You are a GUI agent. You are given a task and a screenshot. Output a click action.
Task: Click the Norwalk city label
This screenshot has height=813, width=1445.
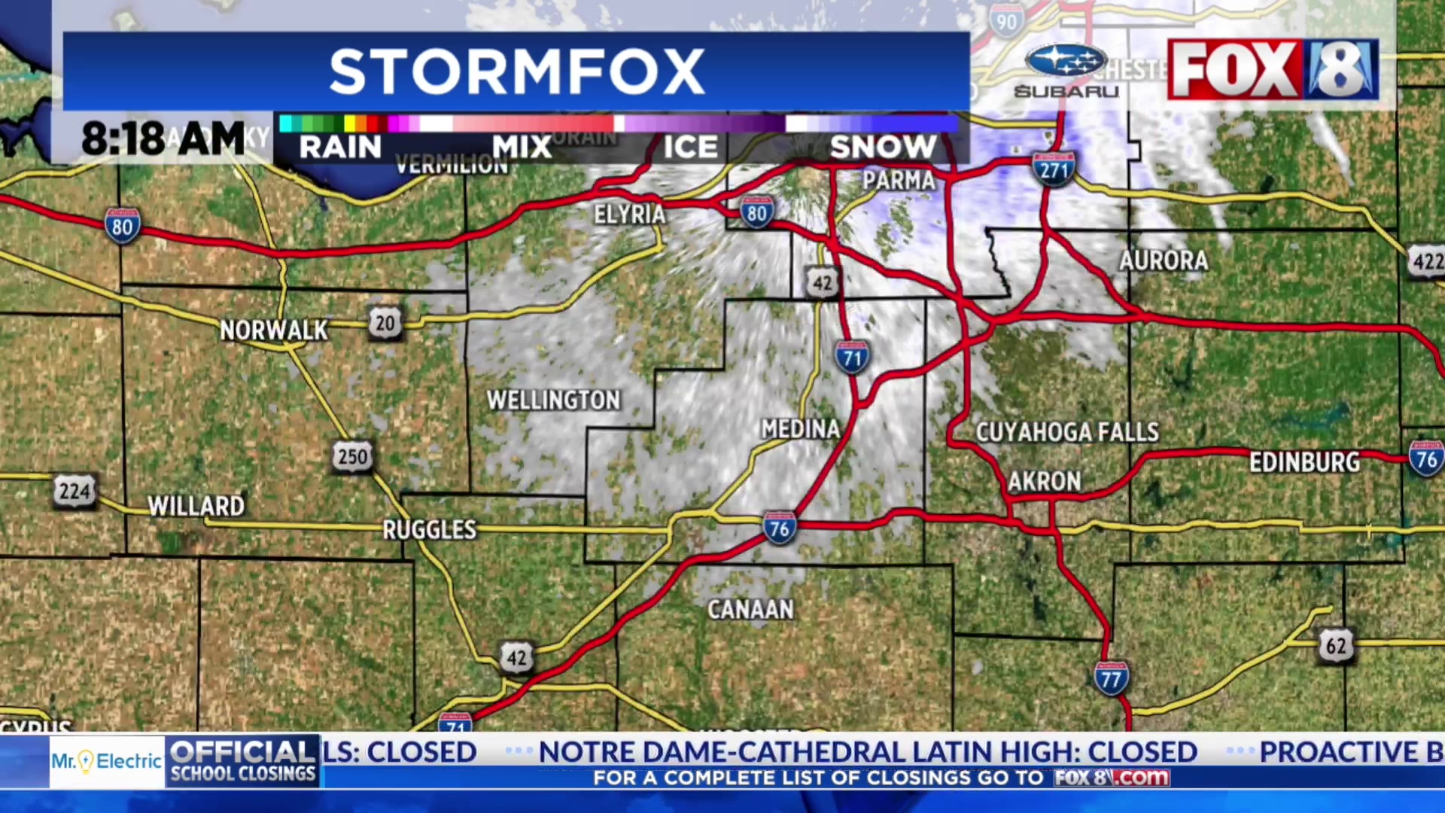(273, 330)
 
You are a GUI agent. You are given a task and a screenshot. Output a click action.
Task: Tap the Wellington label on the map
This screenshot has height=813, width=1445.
(553, 400)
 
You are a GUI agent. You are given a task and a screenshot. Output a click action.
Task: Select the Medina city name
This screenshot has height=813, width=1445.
(800, 429)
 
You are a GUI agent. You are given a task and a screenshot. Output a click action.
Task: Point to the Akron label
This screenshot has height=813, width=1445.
(1044, 481)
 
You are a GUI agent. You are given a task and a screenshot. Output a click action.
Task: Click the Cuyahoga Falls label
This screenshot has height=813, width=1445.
(1067, 432)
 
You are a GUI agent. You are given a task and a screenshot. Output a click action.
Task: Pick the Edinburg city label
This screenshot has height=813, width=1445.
(1304, 462)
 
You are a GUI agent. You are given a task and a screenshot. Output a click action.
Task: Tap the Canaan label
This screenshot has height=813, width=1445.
(750, 609)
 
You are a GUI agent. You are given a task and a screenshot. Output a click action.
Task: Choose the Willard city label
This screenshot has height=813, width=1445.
(196, 506)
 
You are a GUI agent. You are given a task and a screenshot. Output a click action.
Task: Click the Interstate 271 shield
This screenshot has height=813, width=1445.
(1054, 169)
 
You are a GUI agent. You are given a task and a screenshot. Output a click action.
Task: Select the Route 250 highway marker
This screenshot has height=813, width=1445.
(352, 456)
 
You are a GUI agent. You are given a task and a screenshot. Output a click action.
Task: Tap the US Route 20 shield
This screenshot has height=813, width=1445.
(385, 323)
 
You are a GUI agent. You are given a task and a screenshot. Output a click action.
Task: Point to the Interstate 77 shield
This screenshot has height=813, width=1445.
(1111, 679)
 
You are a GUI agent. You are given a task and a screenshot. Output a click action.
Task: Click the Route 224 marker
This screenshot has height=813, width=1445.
(75, 492)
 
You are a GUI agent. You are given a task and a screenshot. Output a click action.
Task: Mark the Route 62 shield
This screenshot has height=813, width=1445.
(1336, 646)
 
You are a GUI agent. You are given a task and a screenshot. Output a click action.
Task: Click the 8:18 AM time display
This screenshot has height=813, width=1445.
(163, 139)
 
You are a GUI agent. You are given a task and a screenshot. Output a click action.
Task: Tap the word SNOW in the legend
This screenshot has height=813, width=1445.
(883, 147)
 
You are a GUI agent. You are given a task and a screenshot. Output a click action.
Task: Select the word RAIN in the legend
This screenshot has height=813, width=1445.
(340, 147)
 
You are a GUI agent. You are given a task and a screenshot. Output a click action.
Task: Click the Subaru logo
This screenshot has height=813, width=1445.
(1066, 72)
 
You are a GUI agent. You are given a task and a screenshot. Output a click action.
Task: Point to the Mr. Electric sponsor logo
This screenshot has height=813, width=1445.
(106, 762)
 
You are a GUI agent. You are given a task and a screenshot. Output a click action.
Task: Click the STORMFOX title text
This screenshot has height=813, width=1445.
(517, 72)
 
